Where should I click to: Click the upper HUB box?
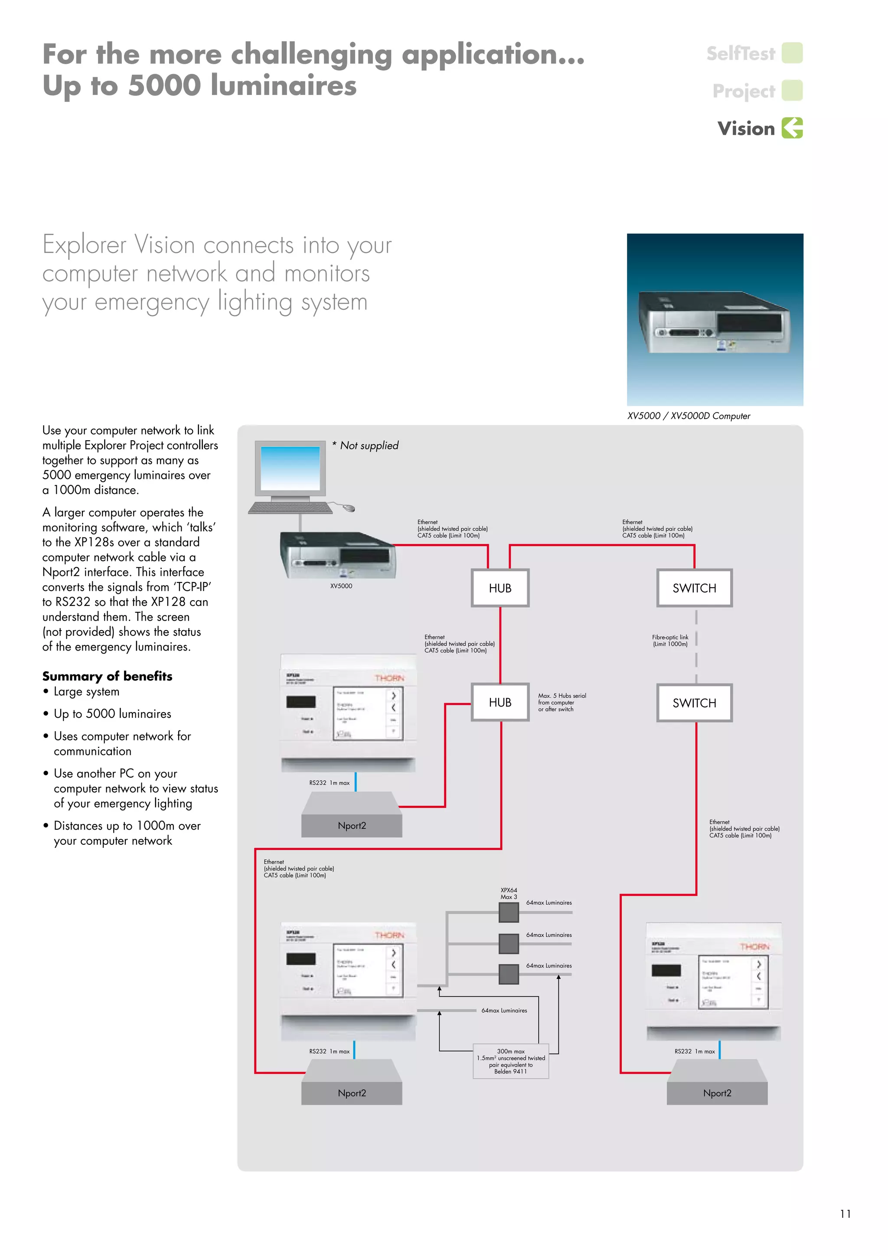click(500, 588)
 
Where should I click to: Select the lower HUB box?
click(500, 703)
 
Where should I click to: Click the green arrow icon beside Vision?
click(792, 128)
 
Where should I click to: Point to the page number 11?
click(846, 1214)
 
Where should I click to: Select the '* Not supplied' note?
click(366, 445)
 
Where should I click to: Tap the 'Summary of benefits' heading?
click(107, 676)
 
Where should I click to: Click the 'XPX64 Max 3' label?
click(509, 893)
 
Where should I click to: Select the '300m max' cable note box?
click(511, 1061)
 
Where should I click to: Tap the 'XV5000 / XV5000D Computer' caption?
click(689, 416)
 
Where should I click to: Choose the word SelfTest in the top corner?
click(741, 54)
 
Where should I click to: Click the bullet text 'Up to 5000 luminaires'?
click(112, 714)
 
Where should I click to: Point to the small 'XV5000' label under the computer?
click(341, 586)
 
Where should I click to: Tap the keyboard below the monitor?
click(291, 508)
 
